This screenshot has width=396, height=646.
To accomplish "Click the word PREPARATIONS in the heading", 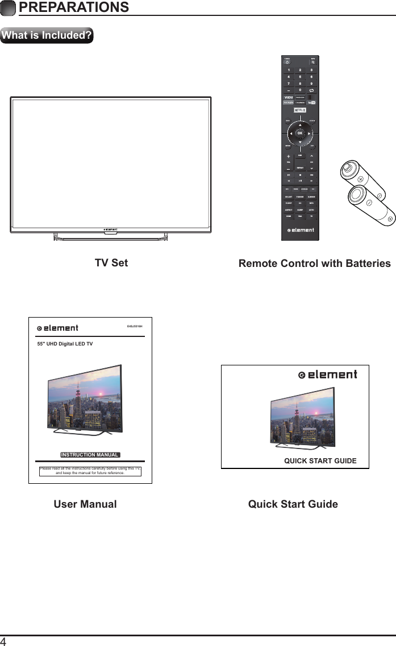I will pos(73,7).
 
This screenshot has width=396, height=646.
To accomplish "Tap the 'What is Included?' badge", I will pos(47,35).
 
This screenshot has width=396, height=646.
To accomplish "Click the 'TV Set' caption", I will pos(111,262).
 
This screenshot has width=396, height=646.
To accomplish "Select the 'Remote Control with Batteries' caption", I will pos(314,263).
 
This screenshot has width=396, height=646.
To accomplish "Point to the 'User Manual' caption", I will pos(85,504).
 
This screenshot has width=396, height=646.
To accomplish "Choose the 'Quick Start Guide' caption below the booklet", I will pos(293,504).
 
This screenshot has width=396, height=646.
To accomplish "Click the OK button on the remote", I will pos(300,134).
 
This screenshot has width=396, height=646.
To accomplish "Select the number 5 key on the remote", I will pos(300,77).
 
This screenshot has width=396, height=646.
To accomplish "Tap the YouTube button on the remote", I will pos(312,102).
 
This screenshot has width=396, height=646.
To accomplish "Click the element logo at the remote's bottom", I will pos(300,231).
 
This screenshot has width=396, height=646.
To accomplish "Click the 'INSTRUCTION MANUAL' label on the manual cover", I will pos(90,455).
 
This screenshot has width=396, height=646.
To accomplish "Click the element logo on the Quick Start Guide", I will pos(328,375).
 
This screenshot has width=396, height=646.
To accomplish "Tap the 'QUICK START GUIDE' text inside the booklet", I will pos(320,460).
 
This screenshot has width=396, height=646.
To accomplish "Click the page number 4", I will pos(4,641).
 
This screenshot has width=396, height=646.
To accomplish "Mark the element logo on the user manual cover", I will pos(57,328).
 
